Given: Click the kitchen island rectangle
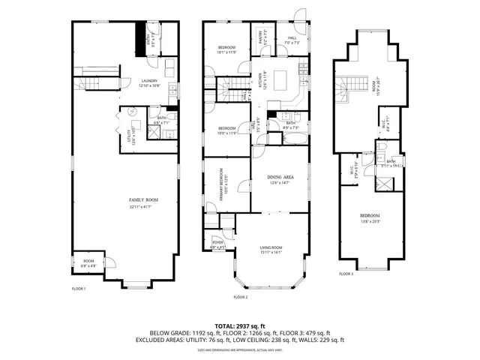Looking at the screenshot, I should pyautogui.click(x=285, y=79).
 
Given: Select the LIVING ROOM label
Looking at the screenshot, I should pyautogui.click(x=270, y=250).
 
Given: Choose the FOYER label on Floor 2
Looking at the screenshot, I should pyautogui.click(x=218, y=244).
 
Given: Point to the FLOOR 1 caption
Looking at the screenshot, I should pyautogui.click(x=79, y=289).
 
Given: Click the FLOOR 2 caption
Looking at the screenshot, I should pyautogui.click(x=239, y=298).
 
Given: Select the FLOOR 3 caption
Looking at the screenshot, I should pyautogui.click(x=346, y=274).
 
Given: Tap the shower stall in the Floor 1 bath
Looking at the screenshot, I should pyautogui.click(x=154, y=133).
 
